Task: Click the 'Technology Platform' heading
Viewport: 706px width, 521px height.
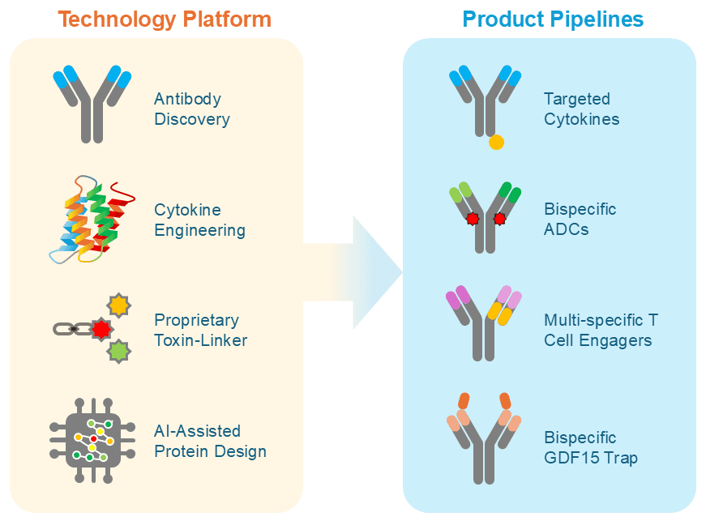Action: pyautogui.click(x=165, y=19)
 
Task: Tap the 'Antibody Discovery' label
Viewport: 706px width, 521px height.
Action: pyautogui.click(x=191, y=109)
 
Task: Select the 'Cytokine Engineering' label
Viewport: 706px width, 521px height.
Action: pyautogui.click(x=199, y=220)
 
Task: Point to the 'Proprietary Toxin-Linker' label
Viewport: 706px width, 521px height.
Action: pyautogui.click(x=200, y=330)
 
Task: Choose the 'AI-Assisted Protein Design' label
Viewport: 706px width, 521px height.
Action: pyautogui.click(x=210, y=441)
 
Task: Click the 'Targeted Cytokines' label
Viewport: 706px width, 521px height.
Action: pyautogui.click(x=581, y=109)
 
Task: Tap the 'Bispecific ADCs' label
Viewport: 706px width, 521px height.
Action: pyautogui.click(x=580, y=219)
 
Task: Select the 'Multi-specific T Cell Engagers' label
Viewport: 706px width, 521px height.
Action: pyautogui.click(x=601, y=330)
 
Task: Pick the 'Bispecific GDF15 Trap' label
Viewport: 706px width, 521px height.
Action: pyautogui.click(x=591, y=448)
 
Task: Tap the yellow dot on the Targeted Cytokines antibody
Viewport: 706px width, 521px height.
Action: pyautogui.click(x=497, y=143)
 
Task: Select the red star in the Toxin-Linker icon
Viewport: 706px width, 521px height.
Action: pyautogui.click(x=101, y=329)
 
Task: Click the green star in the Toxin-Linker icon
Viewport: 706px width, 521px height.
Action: pyautogui.click(x=119, y=351)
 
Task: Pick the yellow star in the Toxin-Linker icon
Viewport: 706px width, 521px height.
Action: pyautogui.click(x=119, y=305)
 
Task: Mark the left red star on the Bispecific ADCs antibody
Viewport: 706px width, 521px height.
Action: pyautogui.click(x=472, y=219)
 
